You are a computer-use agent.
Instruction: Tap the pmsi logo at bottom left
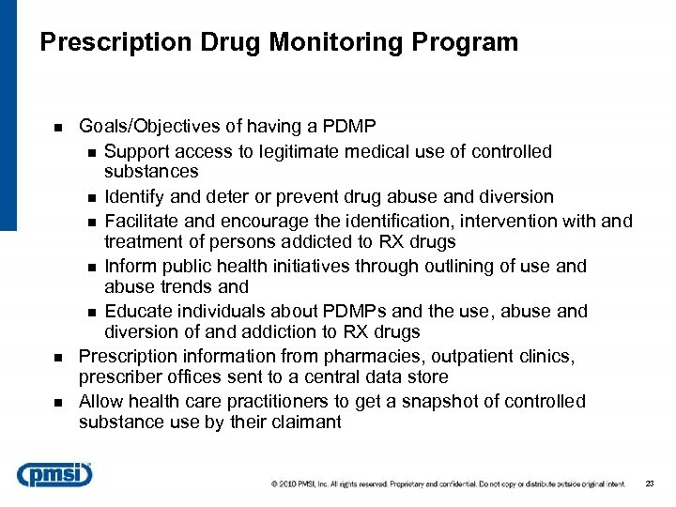pyautogui.click(x=54, y=474)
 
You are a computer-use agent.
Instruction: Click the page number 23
pyautogui.click(x=650, y=484)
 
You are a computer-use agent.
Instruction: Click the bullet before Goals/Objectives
pyautogui.click(x=57, y=127)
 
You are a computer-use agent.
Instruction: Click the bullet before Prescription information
pyautogui.click(x=57, y=358)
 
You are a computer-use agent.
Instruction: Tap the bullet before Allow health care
pyautogui.click(x=57, y=403)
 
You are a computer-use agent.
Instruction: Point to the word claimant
pyautogui.click(x=305, y=422)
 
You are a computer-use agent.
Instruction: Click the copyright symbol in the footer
pyautogui.click(x=274, y=484)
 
